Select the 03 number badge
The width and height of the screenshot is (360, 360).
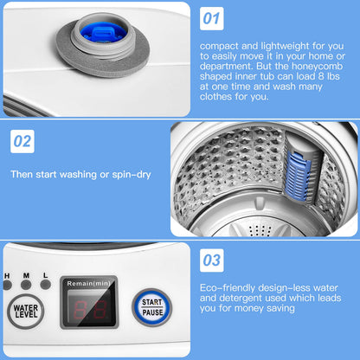click(x=213, y=259)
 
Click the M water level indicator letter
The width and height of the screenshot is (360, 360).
click(x=26, y=274)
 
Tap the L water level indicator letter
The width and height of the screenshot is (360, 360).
click(x=44, y=274)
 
